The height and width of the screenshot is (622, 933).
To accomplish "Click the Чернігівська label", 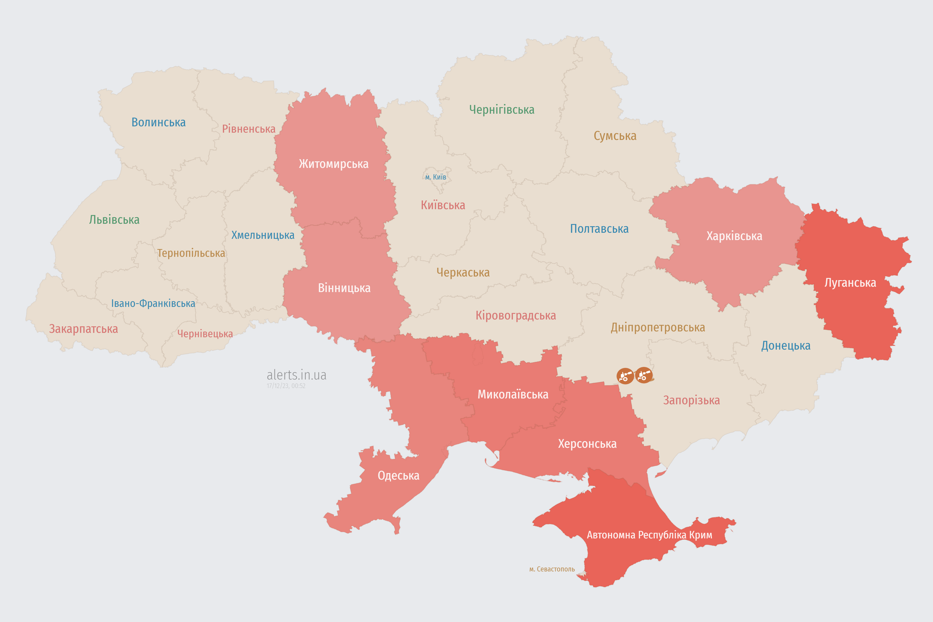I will (501, 110).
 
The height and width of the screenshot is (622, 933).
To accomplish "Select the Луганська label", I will (850, 283).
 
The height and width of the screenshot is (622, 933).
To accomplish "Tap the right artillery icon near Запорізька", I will (643, 375).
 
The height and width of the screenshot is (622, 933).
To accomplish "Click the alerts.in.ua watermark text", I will (296, 375).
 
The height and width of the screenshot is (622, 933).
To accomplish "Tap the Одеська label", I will (398, 476).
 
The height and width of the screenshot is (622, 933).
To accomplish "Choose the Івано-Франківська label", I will (153, 303).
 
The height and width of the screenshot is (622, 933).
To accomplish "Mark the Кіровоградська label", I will (515, 316).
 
